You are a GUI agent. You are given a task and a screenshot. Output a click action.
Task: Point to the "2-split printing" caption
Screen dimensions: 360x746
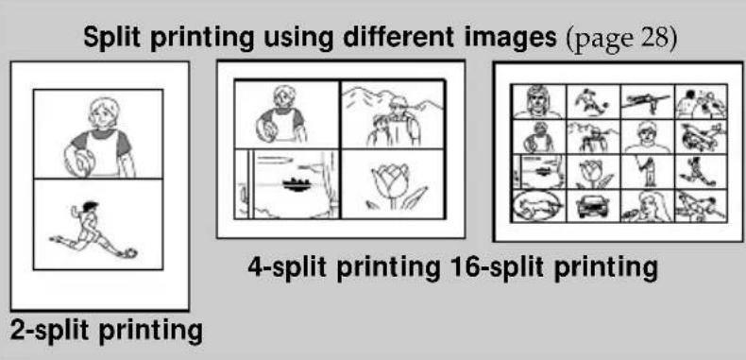point(106,331)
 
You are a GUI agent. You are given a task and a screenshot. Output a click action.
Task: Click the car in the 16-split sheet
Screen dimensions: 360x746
point(592,205)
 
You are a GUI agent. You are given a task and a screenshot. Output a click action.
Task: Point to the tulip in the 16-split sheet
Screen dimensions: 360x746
point(592,171)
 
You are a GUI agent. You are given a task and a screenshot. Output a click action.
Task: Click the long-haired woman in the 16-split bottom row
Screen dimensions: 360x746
point(648,205)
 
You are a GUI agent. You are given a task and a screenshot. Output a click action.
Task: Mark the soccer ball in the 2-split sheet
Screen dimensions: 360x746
point(130,252)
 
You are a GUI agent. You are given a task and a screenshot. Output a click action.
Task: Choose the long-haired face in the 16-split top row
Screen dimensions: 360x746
point(537,99)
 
